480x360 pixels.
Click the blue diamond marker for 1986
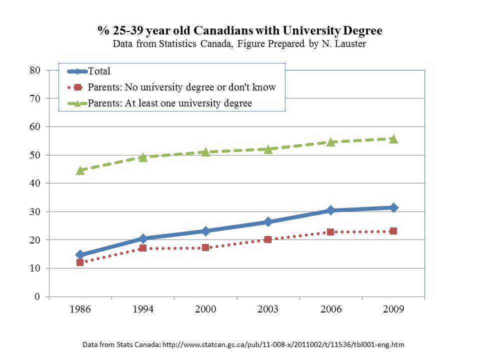click(x=80, y=254)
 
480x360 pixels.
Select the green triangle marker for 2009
click(x=393, y=139)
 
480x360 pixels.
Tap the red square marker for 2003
click(x=268, y=239)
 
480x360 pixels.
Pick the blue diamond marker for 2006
click(x=330, y=210)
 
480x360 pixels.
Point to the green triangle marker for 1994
click(x=143, y=157)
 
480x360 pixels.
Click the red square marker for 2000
click(x=205, y=247)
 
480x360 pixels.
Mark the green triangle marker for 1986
click(x=80, y=170)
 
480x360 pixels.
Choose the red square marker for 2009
click(x=393, y=231)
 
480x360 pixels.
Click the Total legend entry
click(x=99, y=71)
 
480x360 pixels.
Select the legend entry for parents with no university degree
click(x=181, y=87)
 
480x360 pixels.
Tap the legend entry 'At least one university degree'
click(x=169, y=103)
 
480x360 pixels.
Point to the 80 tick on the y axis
click(x=34, y=70)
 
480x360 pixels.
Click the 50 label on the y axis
click(x=34, y=155)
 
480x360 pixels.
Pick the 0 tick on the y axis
click(x=37, y=297)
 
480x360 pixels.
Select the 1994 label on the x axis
click(x=143, y=309)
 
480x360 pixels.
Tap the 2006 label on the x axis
click(x=330, y=309)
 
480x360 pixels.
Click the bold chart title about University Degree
click(x=240, y=31)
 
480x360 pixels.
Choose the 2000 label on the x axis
click(x=205, y=309)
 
